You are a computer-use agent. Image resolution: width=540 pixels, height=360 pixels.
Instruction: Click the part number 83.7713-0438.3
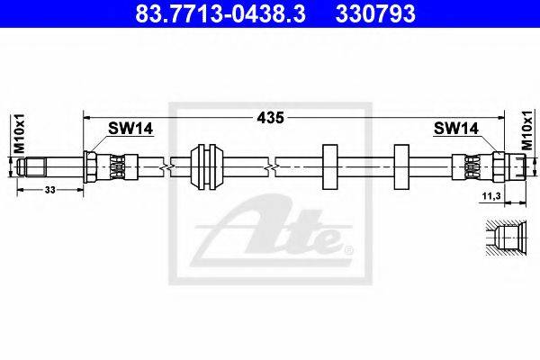pos(220,13)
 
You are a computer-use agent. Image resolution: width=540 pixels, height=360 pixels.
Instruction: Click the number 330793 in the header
pos(375,13)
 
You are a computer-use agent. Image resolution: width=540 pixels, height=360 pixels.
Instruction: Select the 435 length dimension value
pos(271,118)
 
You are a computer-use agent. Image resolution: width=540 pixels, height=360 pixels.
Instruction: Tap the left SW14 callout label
pos(130,129)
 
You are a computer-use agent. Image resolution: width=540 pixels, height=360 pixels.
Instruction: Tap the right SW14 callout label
pos(456,129)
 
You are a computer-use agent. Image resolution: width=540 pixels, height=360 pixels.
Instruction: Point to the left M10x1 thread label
pos(20,133)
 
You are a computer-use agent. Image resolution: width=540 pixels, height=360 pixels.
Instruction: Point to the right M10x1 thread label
pos(526,130)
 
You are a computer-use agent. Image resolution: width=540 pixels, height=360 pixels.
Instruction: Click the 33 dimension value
pos(50,190)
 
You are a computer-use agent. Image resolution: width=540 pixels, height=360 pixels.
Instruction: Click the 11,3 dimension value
pos(491,197)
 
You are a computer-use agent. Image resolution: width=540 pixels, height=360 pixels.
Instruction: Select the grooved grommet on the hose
pos(207,167)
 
